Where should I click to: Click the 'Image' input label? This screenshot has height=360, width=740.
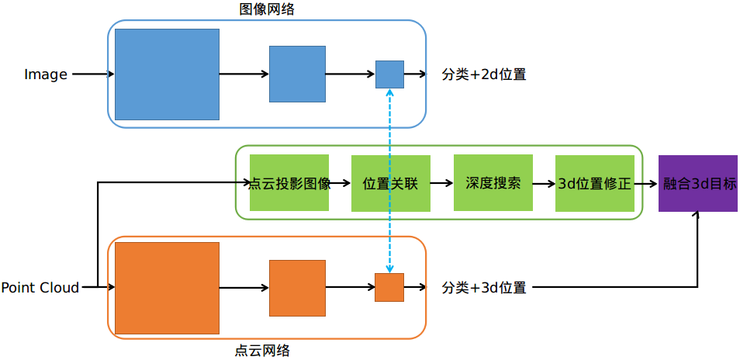(x=46, y=74)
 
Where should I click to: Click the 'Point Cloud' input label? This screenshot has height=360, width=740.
(x=40, y=288)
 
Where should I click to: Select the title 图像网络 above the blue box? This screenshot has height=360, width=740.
(x=267, y=9)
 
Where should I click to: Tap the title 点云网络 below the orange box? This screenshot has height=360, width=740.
(x=262, y=351)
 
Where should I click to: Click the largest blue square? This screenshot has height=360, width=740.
(x=167, y=74)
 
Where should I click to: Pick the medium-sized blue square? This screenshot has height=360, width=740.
(x=297, y=74)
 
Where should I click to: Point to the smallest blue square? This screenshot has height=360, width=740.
(x=389, y=74)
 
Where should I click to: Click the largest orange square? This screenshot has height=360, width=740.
(x=167, y=288)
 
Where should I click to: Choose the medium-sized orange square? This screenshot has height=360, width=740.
(x=297, y=288)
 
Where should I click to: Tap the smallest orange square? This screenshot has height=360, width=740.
(x=389, y=287)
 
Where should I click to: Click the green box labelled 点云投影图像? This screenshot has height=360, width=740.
(x=289, y=183)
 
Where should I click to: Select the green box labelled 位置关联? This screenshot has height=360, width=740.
(x=390, y=183)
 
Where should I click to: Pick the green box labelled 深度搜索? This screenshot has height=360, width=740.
(x=493, y=183)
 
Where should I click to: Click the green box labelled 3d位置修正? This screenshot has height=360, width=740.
(x=594, y=183)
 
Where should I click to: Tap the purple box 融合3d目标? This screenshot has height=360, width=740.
(x=698, y=183)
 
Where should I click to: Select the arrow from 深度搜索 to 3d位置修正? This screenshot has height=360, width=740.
(x=545, y=184)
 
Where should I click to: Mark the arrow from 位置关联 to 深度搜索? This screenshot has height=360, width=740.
(x=442, y=184)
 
